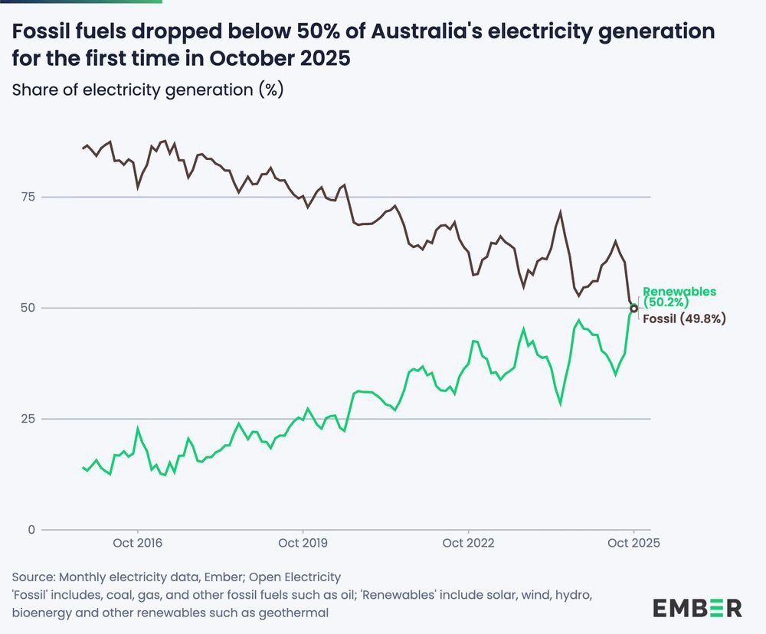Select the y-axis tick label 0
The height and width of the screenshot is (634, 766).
click(x=31, y=530)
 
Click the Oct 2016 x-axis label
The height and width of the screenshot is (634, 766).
click(x=138, y=544)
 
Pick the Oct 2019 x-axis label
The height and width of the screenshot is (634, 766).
click(x=303, y=544)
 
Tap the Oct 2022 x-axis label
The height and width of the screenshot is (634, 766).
click(x=469, y=544)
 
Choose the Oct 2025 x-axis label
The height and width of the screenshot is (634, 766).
click(x=633, y=544)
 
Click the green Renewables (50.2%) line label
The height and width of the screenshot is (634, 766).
click(x=679, y=296)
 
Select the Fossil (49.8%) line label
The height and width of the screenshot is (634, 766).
click(x=683, y=319)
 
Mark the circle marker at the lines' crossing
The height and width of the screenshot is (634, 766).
click(x=633, y=309)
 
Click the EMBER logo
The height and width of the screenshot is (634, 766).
click(x=697, y=608)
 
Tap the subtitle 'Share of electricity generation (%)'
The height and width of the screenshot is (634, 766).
click(x=148, y=90)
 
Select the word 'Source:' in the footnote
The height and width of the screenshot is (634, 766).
click(x=34, y=577)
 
